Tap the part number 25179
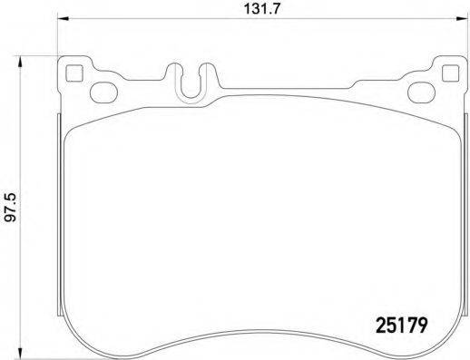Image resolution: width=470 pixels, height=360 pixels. [401, 322]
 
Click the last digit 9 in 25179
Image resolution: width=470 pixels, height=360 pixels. [422, 322]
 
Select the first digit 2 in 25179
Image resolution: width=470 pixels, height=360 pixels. [381, 322]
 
